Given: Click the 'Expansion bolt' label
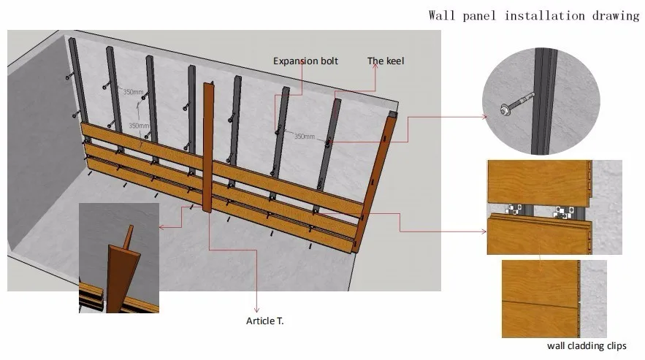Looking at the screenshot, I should [x=305, y=61].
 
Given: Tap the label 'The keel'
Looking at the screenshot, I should [x=385, y=61].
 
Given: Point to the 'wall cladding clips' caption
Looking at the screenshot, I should [x=587, y=346].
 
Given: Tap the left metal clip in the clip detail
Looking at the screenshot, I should [x=517, y=211].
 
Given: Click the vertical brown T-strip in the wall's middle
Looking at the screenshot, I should [x=208, y=146].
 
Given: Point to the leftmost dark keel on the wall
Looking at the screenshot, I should [x=75, y=80].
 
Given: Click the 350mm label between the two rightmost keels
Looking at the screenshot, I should [x=305, y=136].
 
